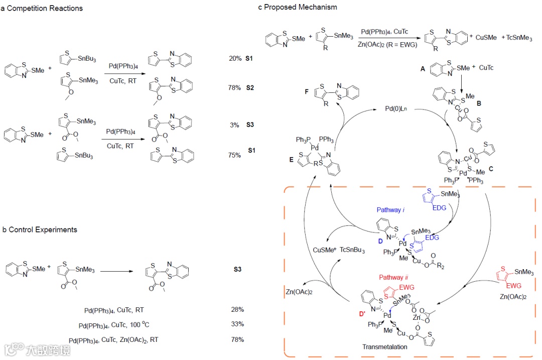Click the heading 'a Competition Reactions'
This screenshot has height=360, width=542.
[42, 8]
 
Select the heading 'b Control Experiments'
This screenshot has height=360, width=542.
[40, 229]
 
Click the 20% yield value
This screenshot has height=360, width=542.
[235, 59]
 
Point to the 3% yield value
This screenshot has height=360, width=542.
[234, 125]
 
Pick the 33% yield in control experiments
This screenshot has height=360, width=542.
[237, 324]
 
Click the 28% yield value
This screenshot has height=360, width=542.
[237, 310]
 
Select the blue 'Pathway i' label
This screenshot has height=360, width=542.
[390, 210]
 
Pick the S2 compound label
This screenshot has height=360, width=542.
[249, 88]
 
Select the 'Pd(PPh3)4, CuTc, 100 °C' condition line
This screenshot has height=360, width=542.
[114, 324]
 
